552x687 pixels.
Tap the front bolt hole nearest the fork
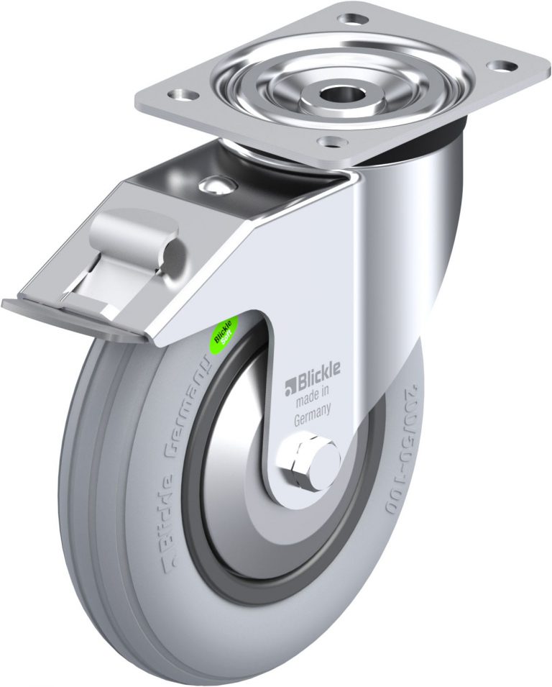(x=328, y=142)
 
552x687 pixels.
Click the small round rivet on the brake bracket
(x=214, y=186)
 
